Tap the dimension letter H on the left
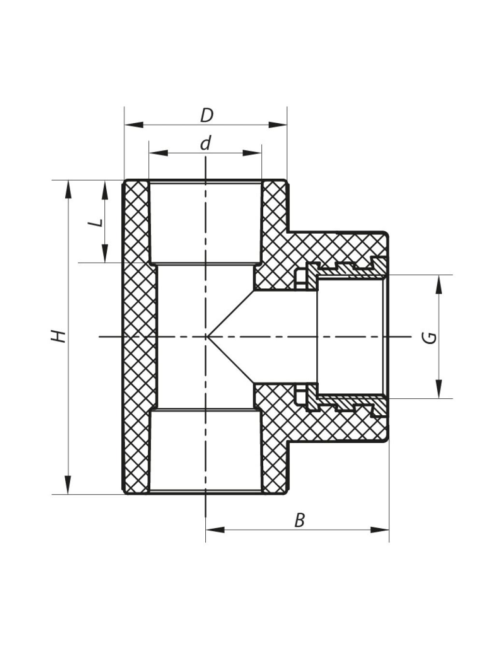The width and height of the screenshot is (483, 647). pyautogui.click(x=58, y=337)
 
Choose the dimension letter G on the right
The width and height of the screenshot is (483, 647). pyautogui.click(x=431, y=338)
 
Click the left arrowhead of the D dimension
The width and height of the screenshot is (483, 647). pyautogui.click(x=134, y=125)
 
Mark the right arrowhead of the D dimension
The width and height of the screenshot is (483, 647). pyautogui.click(x=277, y=125)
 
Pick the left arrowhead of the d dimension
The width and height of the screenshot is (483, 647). pyautogui.click(x=158, y=153)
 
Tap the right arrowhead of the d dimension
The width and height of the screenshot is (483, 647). pyautogui.click(x=252, y=153)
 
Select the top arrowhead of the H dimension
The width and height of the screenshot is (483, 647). pyautogui.click(x=68, y=190)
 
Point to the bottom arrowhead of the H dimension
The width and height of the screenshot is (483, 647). pyautogui.click(x=68, y=485)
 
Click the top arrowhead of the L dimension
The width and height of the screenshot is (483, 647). pyautogui.click(x=105, y=190)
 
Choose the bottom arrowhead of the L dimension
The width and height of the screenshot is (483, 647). pyautogui.click(x=105, y=253)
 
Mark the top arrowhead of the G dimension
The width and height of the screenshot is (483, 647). pyautogui.click(x=439, y=285)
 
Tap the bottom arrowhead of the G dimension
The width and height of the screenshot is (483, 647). pyautogui.click(x=439, y=389)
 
